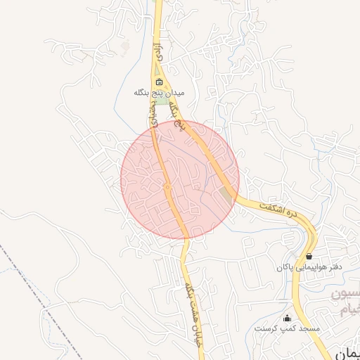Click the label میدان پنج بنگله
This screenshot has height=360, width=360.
pos(160,92)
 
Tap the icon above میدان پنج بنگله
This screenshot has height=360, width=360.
pos(159,82)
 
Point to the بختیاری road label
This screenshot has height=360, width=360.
pos(152,116)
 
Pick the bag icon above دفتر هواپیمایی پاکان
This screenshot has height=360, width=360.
pos(309,257)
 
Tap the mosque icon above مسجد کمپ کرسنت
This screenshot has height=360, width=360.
pos(287,318)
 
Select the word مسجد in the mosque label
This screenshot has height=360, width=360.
pos(308,328)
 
